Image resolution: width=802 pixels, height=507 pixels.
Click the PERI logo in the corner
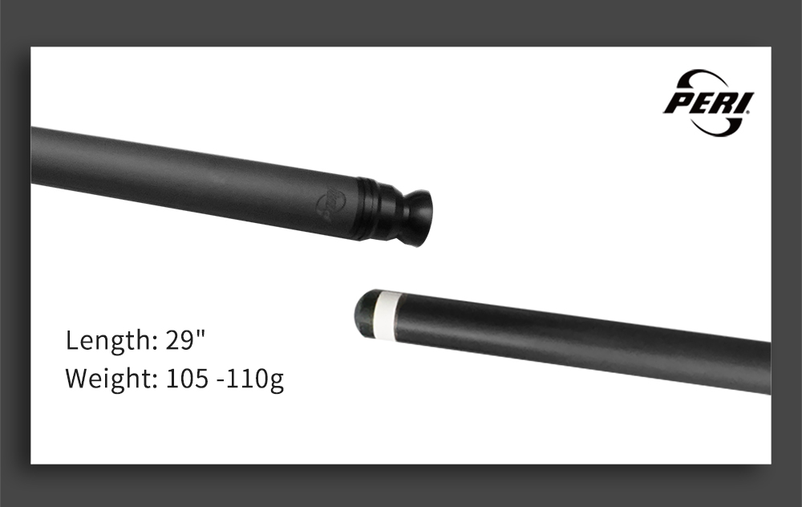click(708, 102)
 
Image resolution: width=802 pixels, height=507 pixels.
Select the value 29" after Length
click(185, 339)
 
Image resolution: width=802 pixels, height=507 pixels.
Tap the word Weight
click(108, 379)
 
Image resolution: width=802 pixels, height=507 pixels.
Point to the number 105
click(187, 378)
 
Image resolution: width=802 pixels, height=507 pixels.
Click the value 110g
click(254, 379)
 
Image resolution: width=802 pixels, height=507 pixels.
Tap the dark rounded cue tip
click(365, 308)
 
